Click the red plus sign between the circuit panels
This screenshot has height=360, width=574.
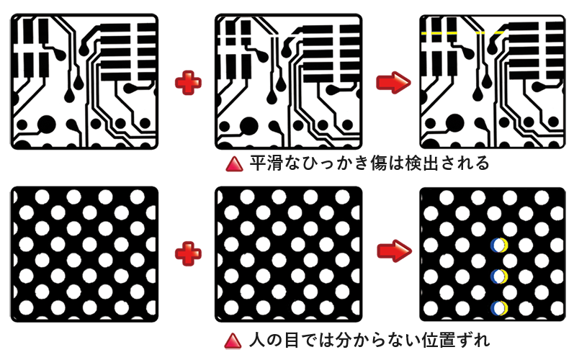[188, 83]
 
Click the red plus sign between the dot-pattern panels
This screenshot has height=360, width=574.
[188, 253]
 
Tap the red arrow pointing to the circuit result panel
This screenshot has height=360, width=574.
[393, 83]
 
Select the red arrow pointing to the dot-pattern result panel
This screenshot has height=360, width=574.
[394, 251]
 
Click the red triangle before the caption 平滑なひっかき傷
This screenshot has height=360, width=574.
[234, 164]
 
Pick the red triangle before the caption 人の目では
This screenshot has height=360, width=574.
[233, 341]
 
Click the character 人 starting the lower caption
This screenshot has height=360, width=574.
[257, 341]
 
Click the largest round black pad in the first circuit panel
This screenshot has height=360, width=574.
[47, 125]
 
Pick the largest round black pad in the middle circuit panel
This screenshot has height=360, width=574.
[249, 126]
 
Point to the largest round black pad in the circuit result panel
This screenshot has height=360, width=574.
[454, 122]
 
